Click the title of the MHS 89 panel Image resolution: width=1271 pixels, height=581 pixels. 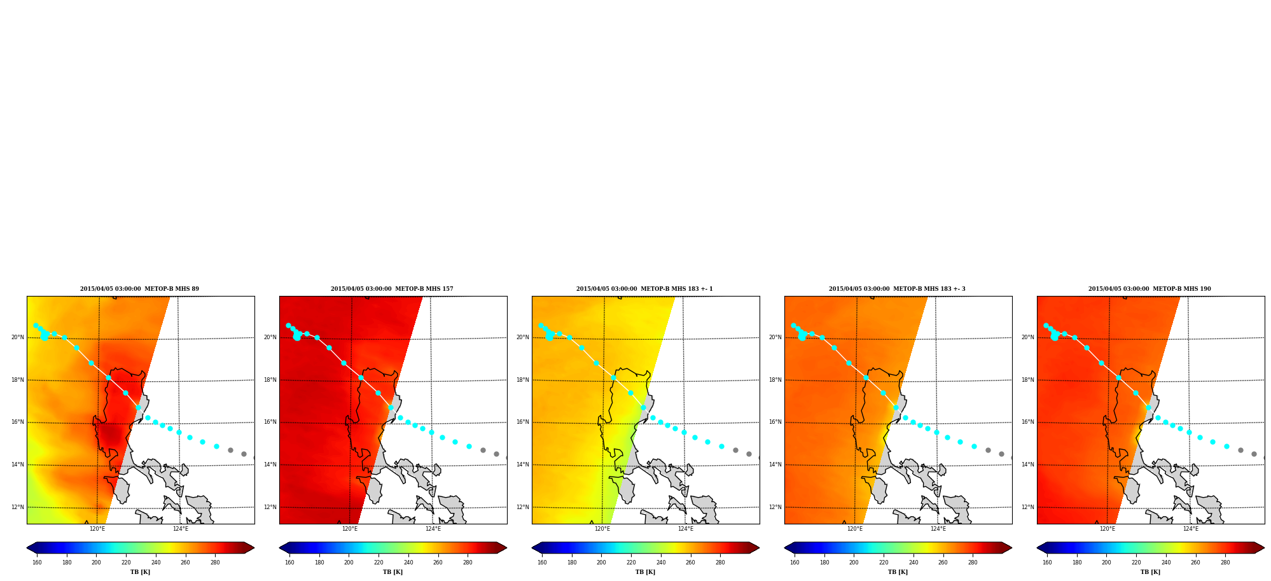coord(139,289)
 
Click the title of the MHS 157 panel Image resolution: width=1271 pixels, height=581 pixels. coord(392,289)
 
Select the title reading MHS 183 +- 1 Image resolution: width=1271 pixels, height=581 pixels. coord(644,289)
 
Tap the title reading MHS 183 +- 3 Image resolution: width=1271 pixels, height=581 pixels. coord(897,289)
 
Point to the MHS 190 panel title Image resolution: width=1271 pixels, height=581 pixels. coord(1149,289)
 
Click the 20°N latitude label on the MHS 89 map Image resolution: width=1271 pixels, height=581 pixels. coord(18,337)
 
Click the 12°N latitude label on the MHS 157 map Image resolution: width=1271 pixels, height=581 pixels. coord(270,507)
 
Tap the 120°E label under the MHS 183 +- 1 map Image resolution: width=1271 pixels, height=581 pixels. coord(602,529)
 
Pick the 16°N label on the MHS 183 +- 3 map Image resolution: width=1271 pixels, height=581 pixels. coord(775,422)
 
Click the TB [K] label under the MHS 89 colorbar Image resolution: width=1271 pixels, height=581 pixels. coord(141,572)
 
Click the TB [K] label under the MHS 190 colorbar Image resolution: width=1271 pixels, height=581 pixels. coord(1151,572)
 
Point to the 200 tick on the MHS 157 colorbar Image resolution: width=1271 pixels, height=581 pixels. coord(349,563)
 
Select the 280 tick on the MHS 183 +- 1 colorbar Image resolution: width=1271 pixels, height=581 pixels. coord(720,563)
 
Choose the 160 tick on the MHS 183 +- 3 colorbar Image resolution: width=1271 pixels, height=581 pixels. coord(795,563)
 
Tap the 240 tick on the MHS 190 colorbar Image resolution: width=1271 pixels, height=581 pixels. coord(1166,563)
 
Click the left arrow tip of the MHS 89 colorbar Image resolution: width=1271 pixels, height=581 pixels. coord(27,548)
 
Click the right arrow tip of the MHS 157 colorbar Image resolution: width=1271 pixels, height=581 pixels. coord(507,548)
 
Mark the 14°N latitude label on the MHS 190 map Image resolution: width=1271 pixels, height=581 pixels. coord(1028,465)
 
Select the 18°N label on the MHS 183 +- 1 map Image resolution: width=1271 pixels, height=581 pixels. coord(523,380)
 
